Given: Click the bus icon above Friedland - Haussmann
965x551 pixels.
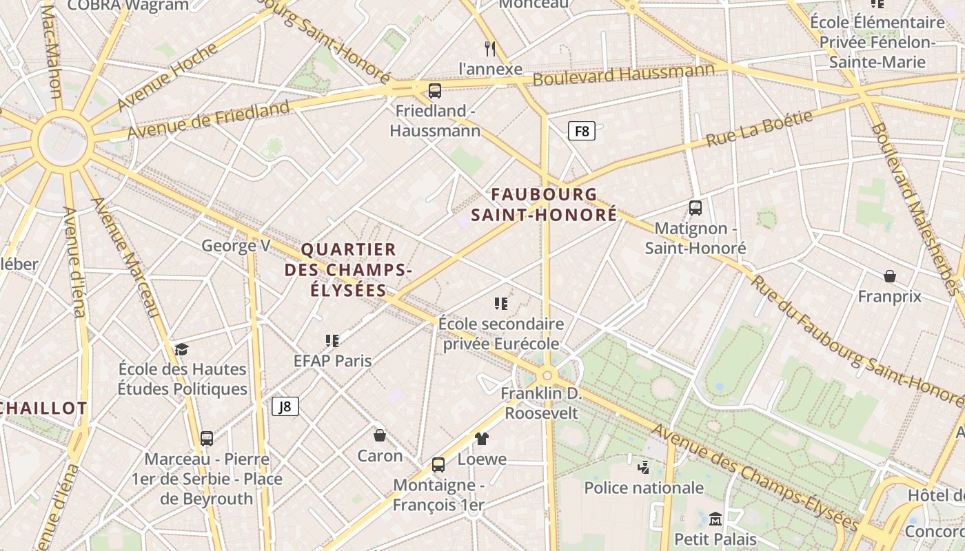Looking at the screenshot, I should pyautogui.click(x=434, y=90).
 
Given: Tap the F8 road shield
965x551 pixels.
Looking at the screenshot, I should pyautogui.click(x=582, y=131).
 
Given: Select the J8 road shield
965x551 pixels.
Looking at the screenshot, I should pyautogui.click(x=285, y=406).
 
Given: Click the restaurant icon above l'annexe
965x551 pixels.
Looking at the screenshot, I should pyautogui.click(x=490, y=48).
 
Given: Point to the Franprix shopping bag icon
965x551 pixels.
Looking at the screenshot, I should pyautogui.click(x=890, y=276).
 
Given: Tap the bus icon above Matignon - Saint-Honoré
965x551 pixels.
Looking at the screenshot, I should pyautogui.click(x=695, y=207).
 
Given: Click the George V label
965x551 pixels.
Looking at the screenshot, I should pyautogui.click(x=236, y=246).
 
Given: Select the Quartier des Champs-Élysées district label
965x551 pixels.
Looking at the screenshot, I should pyautogui.click(x=348, y=270).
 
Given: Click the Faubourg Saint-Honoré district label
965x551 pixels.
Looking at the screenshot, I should pyautogui.click(x=544, y=205).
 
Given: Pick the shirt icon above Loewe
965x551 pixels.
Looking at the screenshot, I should pyautogui.click(x=481, y=438).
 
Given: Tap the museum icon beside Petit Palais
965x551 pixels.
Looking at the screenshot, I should pyautogui.click(x=715, y=519).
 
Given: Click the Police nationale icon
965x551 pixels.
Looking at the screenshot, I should pyautogui.click(x=643, y=468).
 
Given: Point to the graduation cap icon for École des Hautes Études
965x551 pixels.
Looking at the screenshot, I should pyautogui.click(x=181, y=349).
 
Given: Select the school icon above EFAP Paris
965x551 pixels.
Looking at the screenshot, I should pyautogui.click(x=332, y=340).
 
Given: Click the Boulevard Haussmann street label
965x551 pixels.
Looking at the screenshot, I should pyautogui.click(x=624, y=74).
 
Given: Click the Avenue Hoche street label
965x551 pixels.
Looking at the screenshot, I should pyautogui.click(x=167, y=76).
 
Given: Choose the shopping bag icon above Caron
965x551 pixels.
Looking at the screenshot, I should pyautogui.click(x=379, y=435).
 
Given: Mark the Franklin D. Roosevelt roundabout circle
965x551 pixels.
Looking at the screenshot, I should pyautogui.click(x=548, y=375).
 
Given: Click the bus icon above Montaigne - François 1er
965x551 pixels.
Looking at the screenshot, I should pyautogui.click(x=438, y=465).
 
